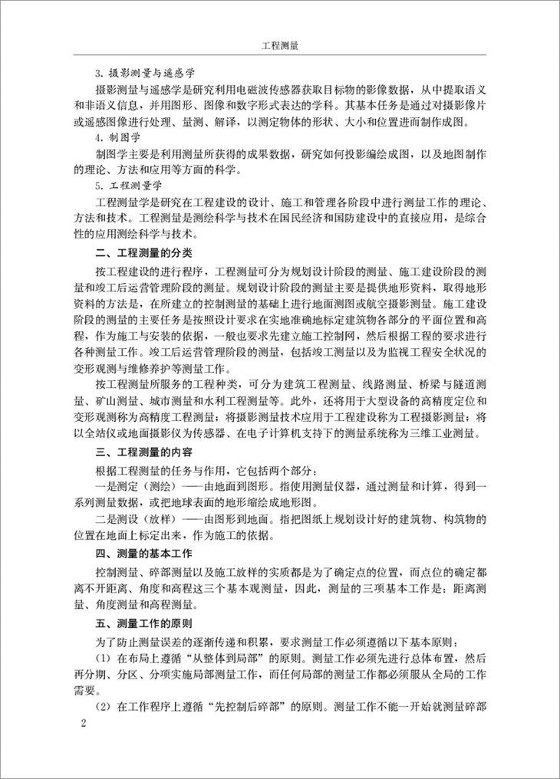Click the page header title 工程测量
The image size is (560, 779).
279,45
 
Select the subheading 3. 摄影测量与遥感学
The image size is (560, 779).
135,74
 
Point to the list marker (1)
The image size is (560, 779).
104,657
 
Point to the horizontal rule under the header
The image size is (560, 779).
279,55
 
